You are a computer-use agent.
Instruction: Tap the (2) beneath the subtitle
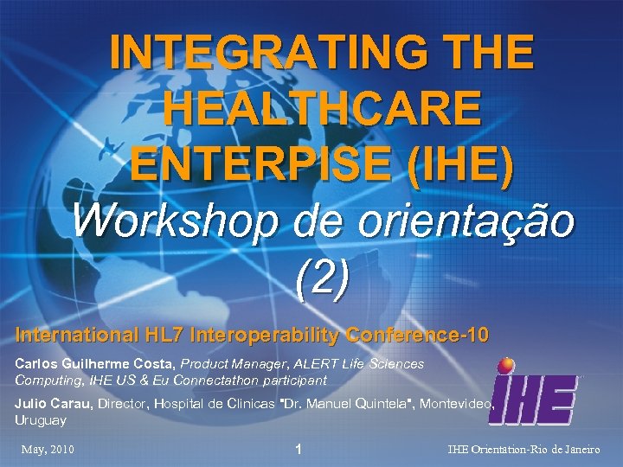coord(322,277)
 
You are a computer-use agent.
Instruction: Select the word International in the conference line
coord(77,334)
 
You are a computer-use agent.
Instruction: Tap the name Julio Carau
coord(53,403)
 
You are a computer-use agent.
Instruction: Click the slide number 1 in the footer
coord(298,450)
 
